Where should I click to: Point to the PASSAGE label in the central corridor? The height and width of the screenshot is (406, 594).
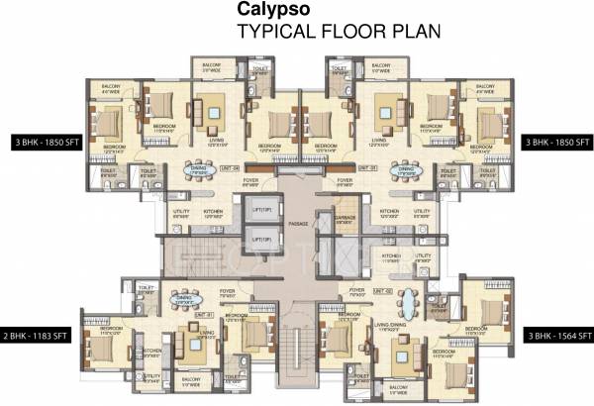tap(298, 224)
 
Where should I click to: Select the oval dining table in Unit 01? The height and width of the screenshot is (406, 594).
tap(184, 299)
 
